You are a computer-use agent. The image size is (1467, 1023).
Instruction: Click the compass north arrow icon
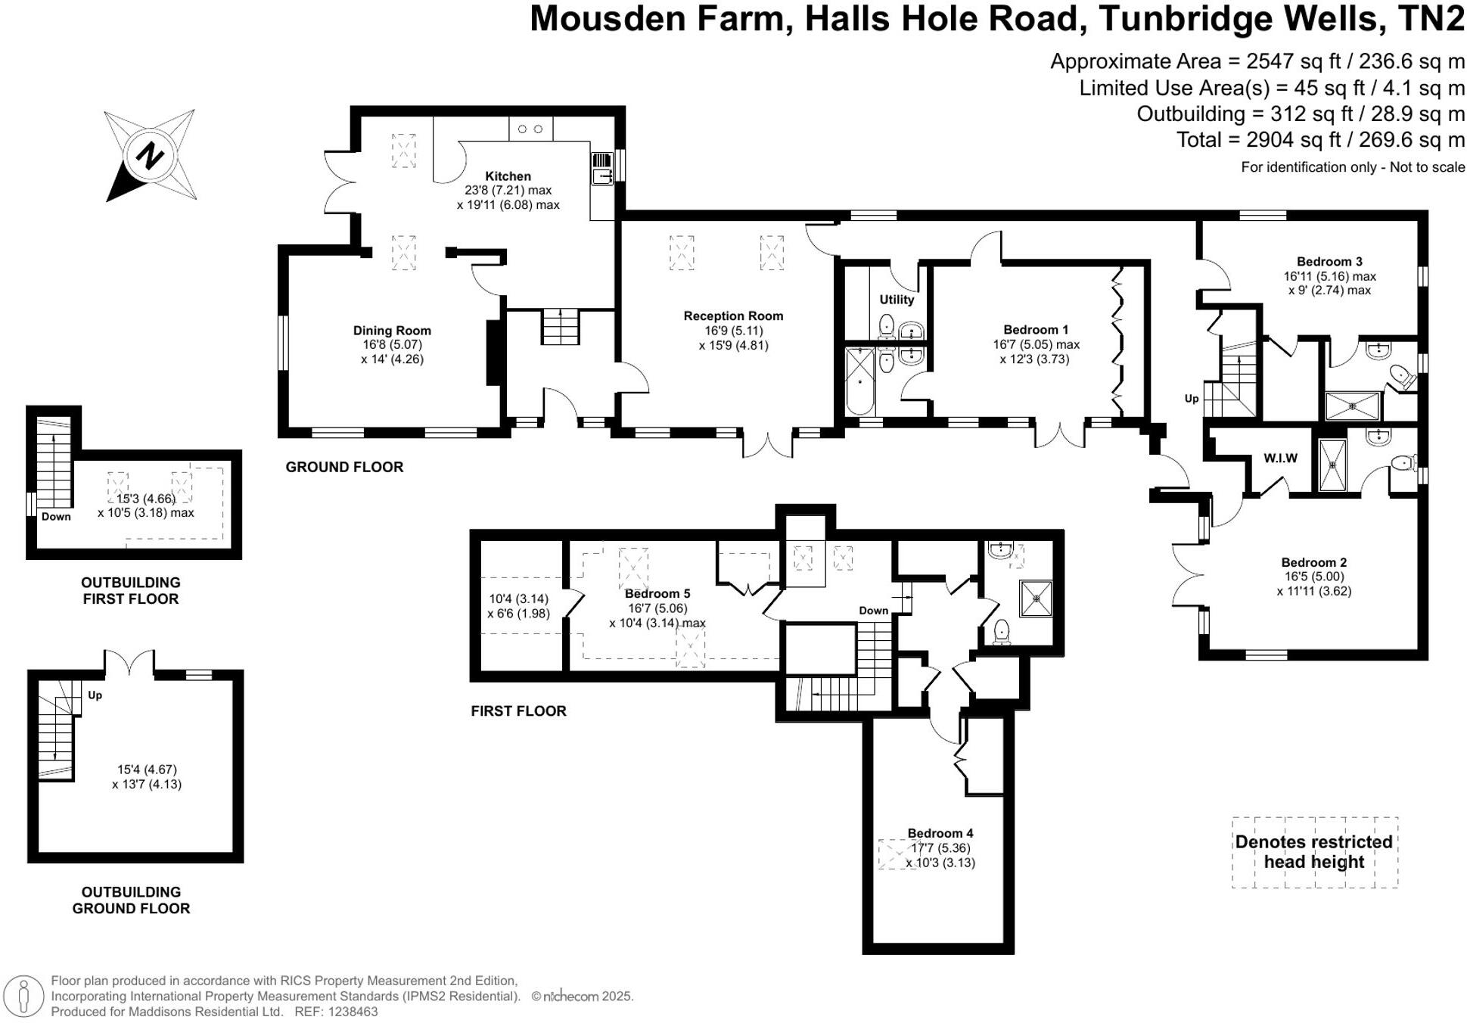click(151, 156)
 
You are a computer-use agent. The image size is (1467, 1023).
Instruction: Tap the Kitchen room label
click(508, 176)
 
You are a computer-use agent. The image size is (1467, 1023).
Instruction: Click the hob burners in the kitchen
click(530, 129)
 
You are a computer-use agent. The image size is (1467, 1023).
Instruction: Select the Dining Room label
click(392, 331)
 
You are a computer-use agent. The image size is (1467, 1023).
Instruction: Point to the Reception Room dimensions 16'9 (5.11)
click(733, 331)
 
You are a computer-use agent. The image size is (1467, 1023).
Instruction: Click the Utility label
click(897, 300)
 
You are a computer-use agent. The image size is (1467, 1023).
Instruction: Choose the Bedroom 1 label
click(1036, 330)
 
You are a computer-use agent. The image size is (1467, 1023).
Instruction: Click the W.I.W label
click(1280, 458)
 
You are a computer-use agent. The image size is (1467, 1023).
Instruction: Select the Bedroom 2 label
click(1313, 562)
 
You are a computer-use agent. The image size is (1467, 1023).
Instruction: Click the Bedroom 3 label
click(1329, 262)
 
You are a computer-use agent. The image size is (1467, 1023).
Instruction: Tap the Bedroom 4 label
click(940, 833)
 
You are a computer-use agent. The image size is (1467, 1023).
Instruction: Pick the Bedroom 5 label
click(657, 594)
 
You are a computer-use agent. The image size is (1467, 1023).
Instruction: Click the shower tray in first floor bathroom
click(1036, 599)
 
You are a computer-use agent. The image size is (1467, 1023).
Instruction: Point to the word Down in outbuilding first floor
click(56, 517)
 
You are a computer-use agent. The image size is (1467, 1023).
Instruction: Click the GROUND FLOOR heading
click(344, 467)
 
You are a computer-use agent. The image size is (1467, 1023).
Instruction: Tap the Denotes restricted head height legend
click(1313, 852)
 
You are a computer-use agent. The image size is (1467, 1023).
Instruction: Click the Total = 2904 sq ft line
click(1319, 140)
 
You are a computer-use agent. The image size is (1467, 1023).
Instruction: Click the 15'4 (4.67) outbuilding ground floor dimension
click(147, 770)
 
